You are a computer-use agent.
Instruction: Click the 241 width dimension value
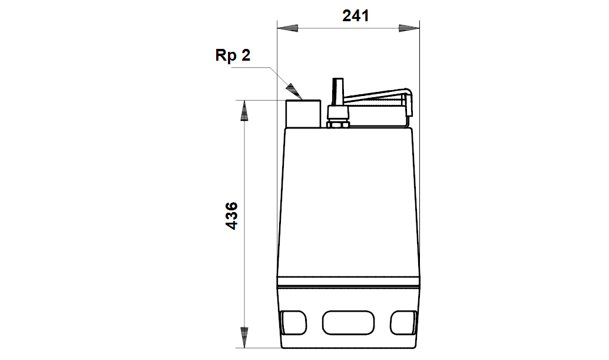[355, 16]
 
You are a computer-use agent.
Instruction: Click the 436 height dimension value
[231, 216]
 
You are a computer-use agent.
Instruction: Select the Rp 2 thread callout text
[233, 55]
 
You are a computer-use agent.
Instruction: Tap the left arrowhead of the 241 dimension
[287, 28]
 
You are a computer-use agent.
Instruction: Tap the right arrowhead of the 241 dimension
[409, 28]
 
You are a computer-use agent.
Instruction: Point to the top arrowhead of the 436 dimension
[244, 111]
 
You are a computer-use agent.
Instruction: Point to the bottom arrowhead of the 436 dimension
[244, 338]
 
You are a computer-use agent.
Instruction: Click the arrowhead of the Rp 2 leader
[294, 92]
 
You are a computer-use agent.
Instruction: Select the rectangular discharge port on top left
[303, 114]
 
